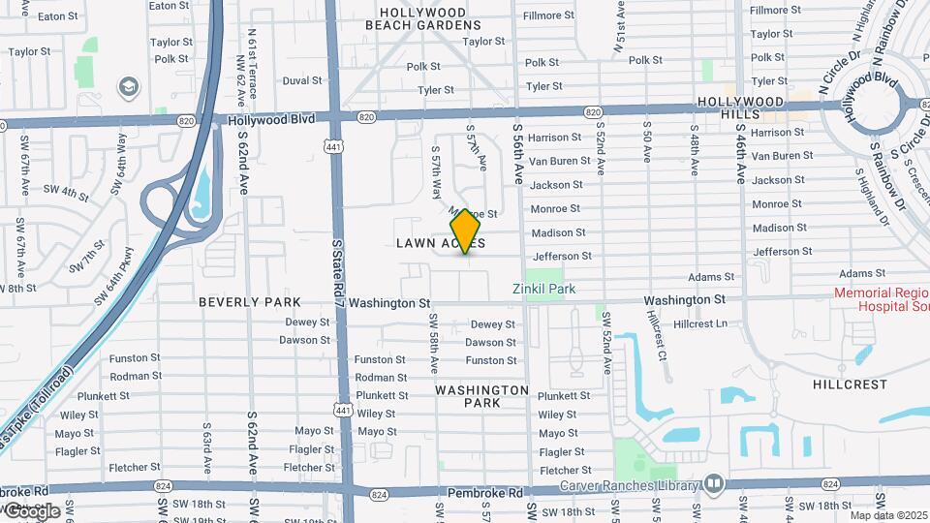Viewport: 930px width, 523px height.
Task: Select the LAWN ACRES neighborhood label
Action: point(440,243)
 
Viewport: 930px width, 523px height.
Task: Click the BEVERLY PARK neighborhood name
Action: point(250,302)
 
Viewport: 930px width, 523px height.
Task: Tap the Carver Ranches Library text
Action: point(629,485)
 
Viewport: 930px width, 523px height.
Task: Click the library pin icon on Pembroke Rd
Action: point(714,482)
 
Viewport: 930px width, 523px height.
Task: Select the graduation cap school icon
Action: point(128,88)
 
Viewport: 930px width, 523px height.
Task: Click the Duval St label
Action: point(301,80)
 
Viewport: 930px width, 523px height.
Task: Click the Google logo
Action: point(30,510)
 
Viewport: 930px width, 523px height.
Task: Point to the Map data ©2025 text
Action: point(888,514)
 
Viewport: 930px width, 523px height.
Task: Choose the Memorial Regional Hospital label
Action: point(883,299)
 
